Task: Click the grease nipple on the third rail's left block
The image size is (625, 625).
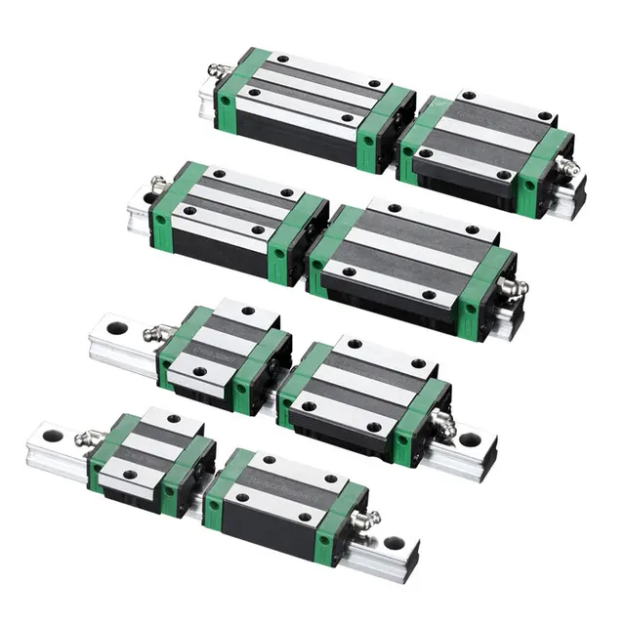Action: click(x=154, y=334)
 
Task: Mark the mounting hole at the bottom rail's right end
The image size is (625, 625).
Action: click(x=395, y=542)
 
